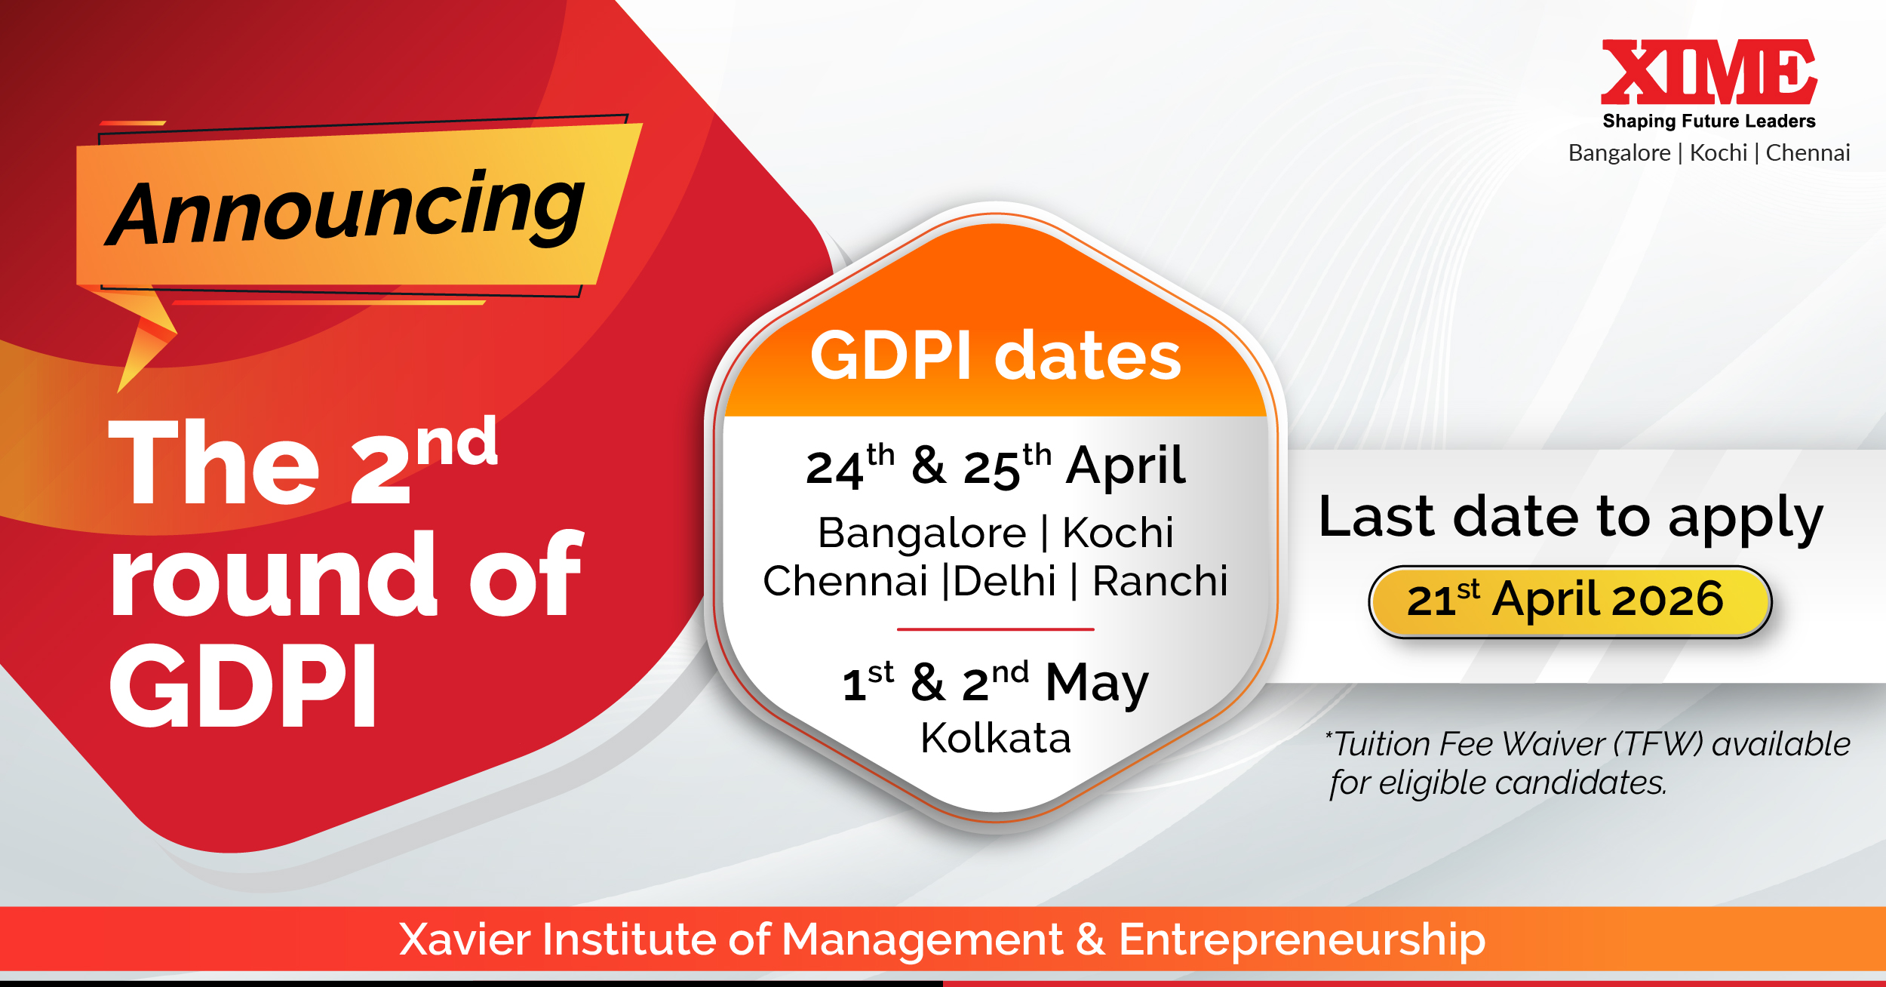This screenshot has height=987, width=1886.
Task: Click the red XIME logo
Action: pos(1709,72)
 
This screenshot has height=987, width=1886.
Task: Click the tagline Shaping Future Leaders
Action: pos(1709,121)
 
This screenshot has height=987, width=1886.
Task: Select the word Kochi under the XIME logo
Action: pos(1719,152)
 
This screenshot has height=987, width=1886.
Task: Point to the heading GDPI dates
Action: pos(995,355)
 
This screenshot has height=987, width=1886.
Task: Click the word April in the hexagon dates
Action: pos(1126,466)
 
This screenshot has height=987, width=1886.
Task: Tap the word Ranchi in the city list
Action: pos(1160,581)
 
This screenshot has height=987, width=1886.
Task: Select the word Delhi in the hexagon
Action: pos(1005,581)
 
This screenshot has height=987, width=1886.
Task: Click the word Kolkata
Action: pos(996,737)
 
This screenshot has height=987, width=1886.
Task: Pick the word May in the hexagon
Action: pos(1097,684)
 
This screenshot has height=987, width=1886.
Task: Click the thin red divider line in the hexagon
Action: pos(995,629)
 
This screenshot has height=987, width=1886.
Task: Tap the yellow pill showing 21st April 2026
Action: pos(1570,601)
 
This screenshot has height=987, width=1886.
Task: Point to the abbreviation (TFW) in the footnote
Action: pos(1658,744)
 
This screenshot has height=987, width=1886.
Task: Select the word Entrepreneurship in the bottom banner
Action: pos(1302,940)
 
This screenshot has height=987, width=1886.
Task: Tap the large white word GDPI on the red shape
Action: pos(243,685)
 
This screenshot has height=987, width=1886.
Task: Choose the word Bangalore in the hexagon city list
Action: pos(922,533)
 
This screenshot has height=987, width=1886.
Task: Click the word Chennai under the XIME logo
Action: pos(1808,152)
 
